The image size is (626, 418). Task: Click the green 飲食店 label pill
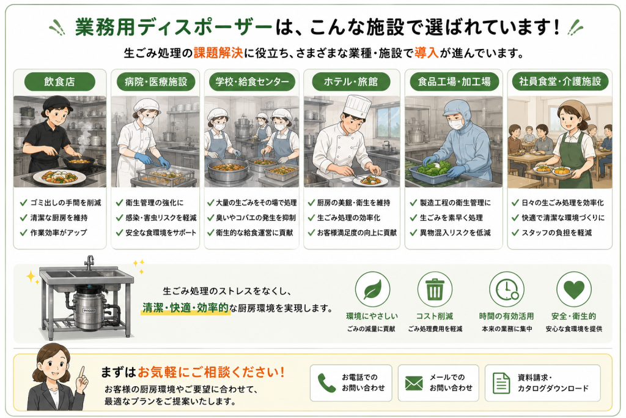click(x=60, y=81)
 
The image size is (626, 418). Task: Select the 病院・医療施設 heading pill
click(x=156, y=81)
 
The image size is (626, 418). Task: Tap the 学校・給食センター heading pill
click(x=252, y=81)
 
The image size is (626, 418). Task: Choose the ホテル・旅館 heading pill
click(x=350, y=81)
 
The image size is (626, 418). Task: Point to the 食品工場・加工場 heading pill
click(x=454, y=81)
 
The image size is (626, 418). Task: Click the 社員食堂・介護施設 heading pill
click(x=560, y=81)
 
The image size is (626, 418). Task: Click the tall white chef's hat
click(x=357, y=106)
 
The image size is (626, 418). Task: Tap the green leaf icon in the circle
click(x=372, y=289)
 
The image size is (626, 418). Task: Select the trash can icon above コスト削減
click(x=435, y=289)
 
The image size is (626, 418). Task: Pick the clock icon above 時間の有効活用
click(x=507, y=289)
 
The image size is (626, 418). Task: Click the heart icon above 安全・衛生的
click(x=574, y=289)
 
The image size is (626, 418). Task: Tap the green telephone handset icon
click(x=326, y=383)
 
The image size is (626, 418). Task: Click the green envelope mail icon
click(x=414, y=383)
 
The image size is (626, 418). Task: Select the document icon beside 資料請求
click(x=501, y=383)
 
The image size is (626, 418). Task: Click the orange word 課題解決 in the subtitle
click(x=218, y=53)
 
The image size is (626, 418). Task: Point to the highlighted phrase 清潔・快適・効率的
click(x=186, y=308)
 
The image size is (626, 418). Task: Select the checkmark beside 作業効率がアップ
click(x=24, y=232)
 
